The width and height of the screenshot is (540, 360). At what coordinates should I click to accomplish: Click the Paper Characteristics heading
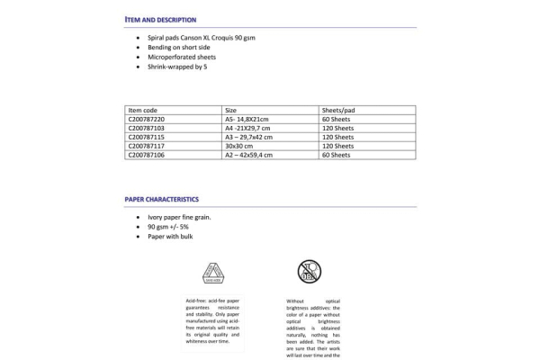click(162, 199)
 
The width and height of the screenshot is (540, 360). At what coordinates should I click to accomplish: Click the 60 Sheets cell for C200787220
click(336, 118)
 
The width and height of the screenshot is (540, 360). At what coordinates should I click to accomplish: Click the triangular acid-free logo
click(215, 273)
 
